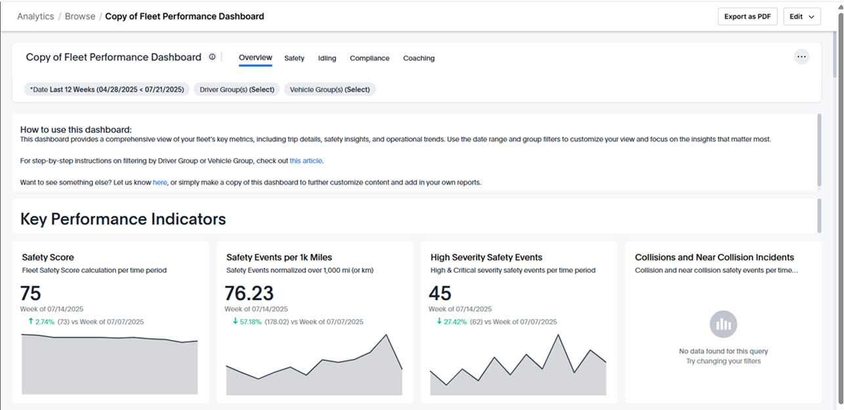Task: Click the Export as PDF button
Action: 748,16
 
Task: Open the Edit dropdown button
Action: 801,16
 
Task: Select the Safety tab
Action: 294,58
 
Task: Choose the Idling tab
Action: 327,58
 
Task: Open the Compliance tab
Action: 369,58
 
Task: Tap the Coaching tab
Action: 419,58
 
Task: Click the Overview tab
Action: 255,58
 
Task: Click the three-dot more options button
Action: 801,57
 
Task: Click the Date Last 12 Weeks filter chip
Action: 107,89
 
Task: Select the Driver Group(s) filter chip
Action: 237,89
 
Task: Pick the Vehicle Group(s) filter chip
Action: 329,89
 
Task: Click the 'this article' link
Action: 306,161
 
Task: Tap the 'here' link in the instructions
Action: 160,182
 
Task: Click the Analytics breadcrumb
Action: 35,16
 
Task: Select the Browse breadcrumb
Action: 80,16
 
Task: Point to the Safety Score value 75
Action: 31,293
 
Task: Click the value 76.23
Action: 249,293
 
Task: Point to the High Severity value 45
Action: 440,293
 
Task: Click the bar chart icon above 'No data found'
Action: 723,324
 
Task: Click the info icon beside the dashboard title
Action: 212,57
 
